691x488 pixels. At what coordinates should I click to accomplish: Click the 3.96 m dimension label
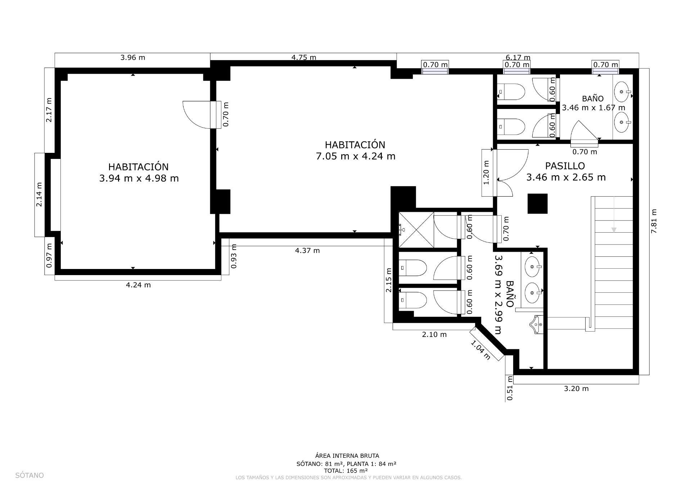(x=132, y=58)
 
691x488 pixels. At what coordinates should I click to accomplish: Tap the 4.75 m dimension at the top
(x=303, y=58)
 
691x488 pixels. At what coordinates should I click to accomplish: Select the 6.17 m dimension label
(x=518, y=58)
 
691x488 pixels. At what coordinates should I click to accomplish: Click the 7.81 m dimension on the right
(x=654, y=221)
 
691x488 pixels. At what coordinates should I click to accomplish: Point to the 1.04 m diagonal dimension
(x=480, y=350)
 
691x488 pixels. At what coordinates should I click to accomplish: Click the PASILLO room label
(x=565, y=166)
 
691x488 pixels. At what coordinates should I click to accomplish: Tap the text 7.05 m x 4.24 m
(x=355, y=156)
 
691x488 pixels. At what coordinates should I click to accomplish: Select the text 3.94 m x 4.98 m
(x=139, y=178)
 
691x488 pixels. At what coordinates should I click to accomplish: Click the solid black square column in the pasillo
(x=537, y=204)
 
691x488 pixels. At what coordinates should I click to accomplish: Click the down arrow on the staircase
(x=614, y=229)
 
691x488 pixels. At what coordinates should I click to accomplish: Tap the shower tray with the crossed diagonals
(x=416, y=230)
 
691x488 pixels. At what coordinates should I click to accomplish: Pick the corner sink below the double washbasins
(x=536, y=325)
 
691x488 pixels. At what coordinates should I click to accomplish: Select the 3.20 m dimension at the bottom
(x=576, y=388)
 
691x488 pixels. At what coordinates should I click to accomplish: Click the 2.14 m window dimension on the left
(x=39, y=195)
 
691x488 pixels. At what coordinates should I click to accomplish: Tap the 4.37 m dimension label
(x=307, y=251)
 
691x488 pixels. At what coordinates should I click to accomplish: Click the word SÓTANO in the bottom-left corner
(x=30, y=475)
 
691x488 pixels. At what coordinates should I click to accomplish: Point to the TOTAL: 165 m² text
(x=345, y=470)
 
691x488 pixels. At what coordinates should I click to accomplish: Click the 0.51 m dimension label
(x=510, y=388)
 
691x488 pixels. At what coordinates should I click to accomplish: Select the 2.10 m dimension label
(x=434, y=334)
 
